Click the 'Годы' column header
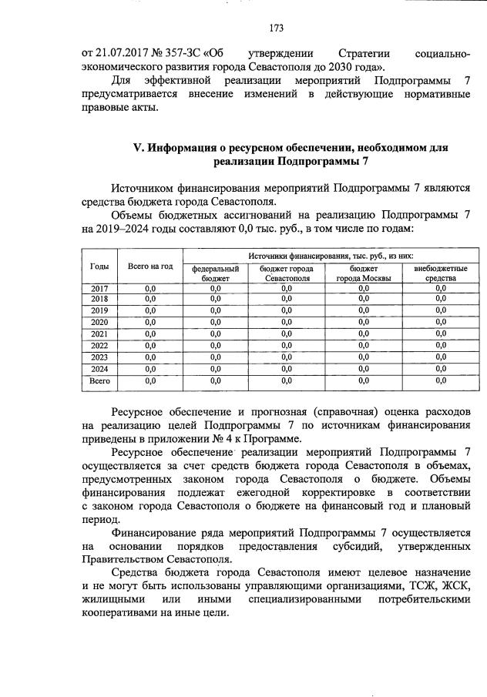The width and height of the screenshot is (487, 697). pos(99,266)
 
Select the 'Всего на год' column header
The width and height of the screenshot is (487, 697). pos(149,266)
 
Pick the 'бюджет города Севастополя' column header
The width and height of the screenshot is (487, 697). pos(286,273)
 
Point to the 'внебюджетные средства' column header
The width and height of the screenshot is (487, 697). pos(441,273)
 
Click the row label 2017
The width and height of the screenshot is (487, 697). pos(99,287)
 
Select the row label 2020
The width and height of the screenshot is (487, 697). pos(99,322)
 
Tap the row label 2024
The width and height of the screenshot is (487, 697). pos(99,368)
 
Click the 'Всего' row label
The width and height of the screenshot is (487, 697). pos(99,380)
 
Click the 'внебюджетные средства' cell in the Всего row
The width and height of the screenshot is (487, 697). pos(441,380)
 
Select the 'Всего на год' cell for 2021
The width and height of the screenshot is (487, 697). pos(149,333)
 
